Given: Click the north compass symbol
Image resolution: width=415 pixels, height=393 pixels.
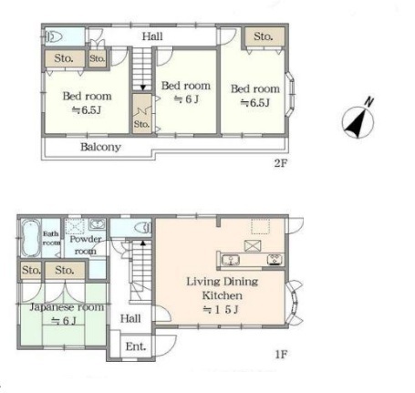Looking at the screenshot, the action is pyautogui.click(x=358, y=120).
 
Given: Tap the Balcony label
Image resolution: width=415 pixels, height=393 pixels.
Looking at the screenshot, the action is pyautogui.click(x=100, y=147).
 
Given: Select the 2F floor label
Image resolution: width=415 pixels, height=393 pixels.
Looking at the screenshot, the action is pyautogui.click(x=280, y=163).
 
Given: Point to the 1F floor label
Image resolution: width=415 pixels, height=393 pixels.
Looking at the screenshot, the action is pyautogui.click(x=281, y=354).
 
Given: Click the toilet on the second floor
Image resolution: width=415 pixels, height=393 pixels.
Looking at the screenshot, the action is pyautogui.click(x=54, y=37).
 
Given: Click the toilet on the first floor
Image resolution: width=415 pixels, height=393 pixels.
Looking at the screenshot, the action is pyautogui.click(x=143, y=227).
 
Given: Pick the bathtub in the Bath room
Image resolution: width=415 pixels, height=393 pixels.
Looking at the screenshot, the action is pyautogui.click(x=30, y=238).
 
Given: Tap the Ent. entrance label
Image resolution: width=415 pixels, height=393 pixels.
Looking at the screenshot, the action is pyautogui.click(x=136, y=346).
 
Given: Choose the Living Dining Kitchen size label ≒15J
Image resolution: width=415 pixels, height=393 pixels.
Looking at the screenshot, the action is pyautogui.click(x=221, y=309).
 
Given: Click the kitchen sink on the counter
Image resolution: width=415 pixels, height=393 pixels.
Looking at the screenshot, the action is pyautogui.click(x=230, y=260).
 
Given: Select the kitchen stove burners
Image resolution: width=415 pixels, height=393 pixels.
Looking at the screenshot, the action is pyautogui.click(x=275, y=260).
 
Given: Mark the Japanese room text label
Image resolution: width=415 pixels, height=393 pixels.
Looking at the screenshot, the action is pyautogui.click(x=67, y=307).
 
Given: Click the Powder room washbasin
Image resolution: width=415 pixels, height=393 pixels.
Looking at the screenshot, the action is pyautogui.click(x=97, y=224).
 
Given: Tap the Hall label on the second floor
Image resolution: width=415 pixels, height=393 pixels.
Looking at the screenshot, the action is pyautogui.click(x=152, y=36).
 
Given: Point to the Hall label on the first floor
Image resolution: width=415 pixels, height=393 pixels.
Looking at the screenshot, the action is pyautogui.click(x=130, y=318).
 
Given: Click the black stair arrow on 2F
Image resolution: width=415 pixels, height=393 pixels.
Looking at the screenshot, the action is pyautogui.click(x=142, y=88).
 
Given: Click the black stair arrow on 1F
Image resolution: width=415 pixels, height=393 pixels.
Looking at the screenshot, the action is pyautogui.click(x=142, y=243).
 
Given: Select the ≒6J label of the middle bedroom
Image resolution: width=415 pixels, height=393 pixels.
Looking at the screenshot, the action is pyautogui.click(x=186, y=99).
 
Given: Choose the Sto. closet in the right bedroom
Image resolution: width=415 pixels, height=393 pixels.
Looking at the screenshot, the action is pyautogui.click(x=264, y=36).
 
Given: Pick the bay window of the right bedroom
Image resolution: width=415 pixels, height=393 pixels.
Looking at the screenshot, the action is pyautogui.click(x=290, y=94).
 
